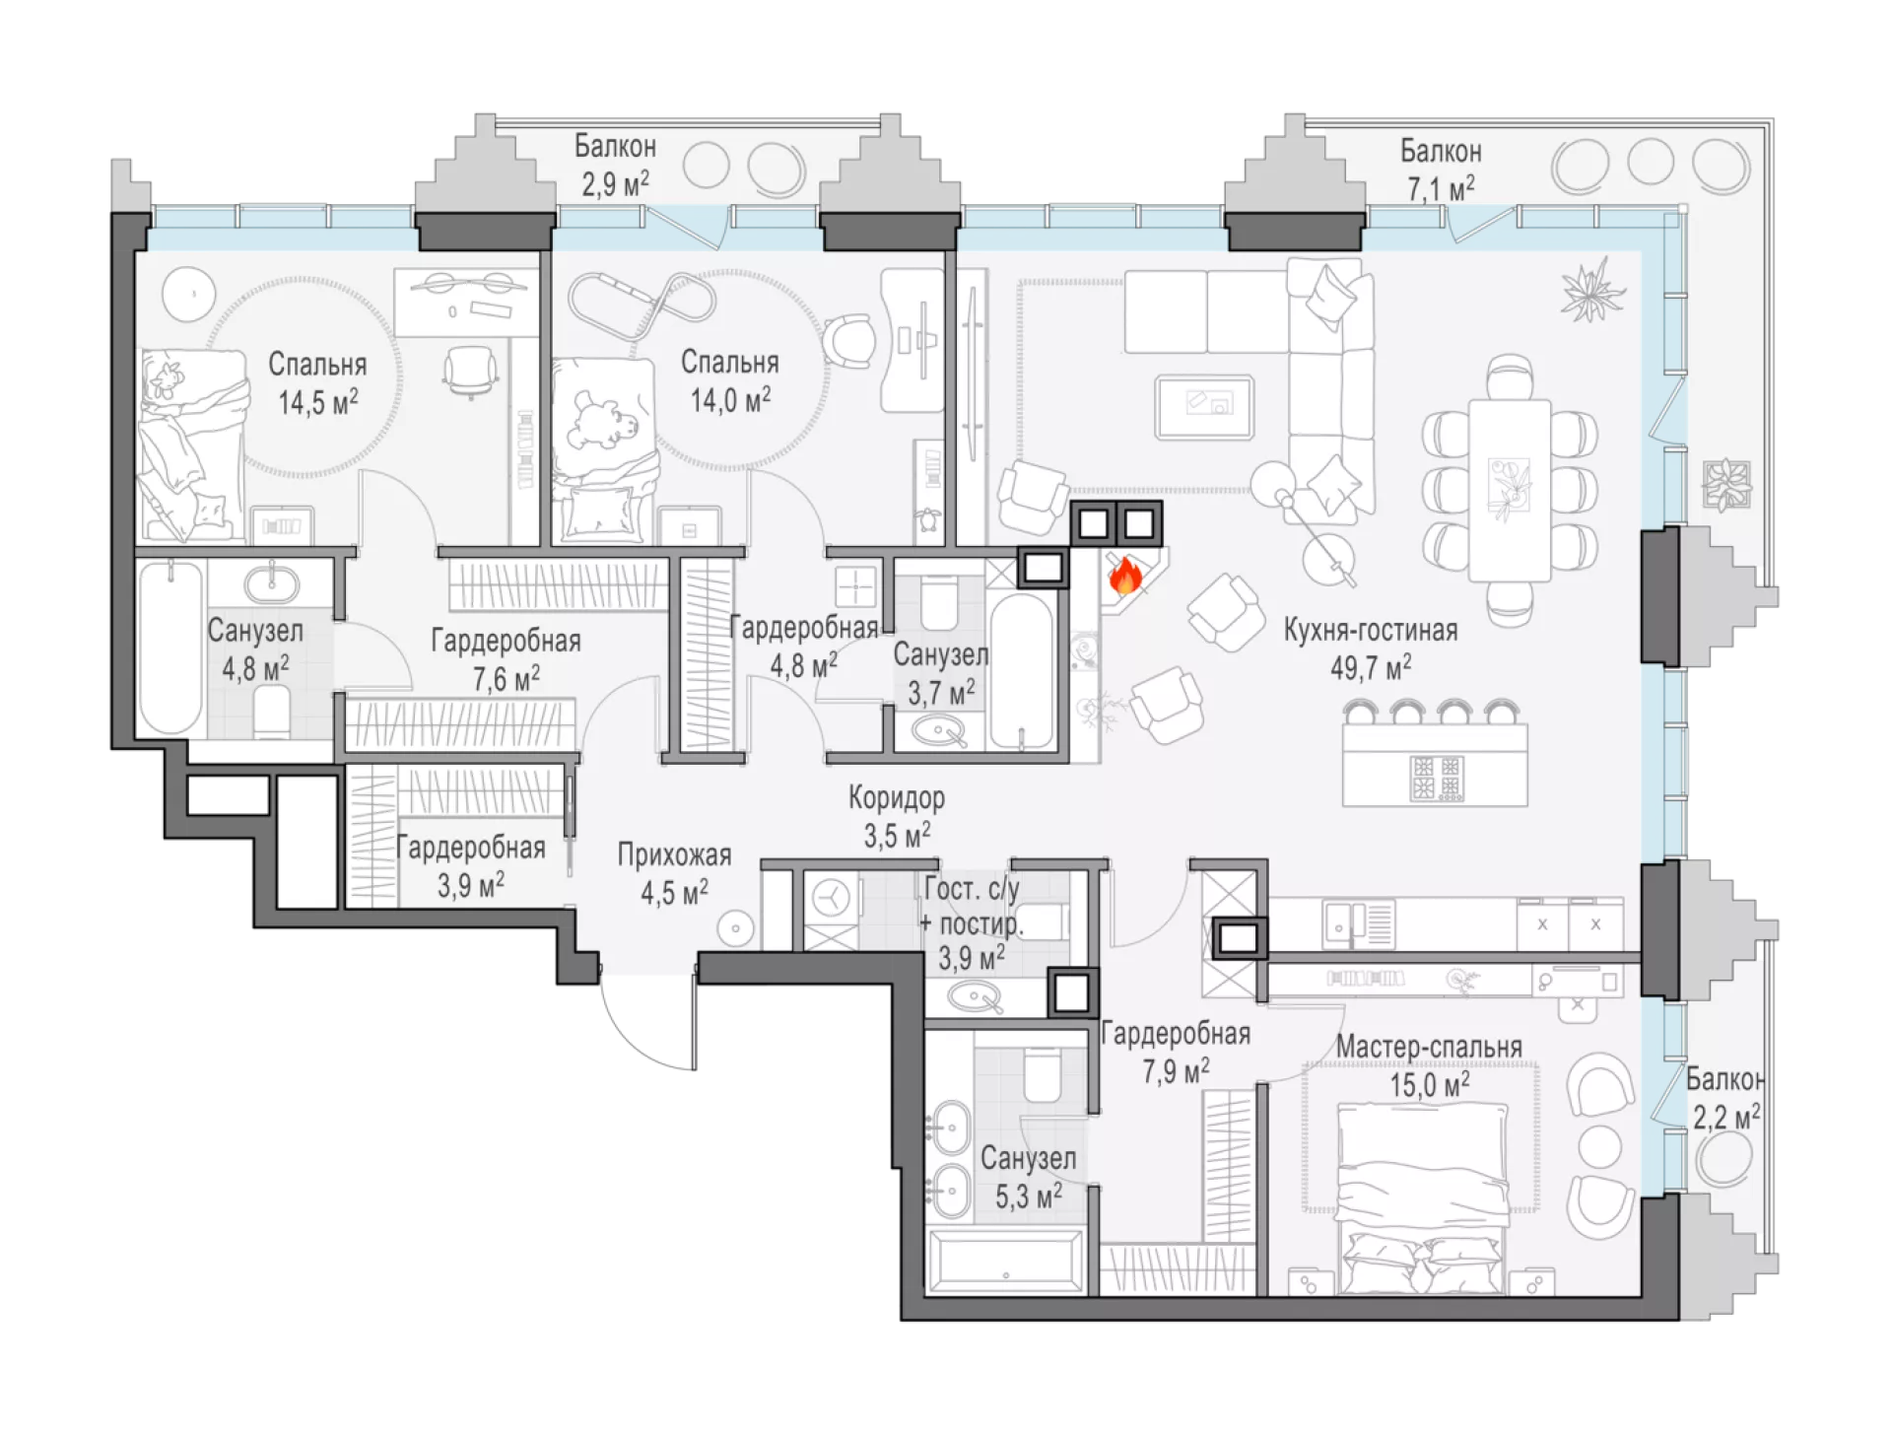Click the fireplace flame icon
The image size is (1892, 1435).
1125,575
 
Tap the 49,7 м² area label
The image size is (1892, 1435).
1370,668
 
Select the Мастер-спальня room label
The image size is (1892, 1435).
1429,1047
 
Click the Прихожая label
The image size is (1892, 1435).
674,854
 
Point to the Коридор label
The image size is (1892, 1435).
897,796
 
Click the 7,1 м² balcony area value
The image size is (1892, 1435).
1441,187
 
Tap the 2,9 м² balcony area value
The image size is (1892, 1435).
615,183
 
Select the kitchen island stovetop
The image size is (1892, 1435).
1436,778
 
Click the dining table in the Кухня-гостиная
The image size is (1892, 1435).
1509,490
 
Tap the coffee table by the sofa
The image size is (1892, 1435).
1204,406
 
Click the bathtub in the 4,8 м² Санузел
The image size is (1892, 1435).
170,648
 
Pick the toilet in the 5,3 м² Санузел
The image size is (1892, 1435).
1041,1076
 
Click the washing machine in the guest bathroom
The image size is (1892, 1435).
831,899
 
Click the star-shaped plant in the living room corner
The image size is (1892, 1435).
1592,289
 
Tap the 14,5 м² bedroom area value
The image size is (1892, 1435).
317,402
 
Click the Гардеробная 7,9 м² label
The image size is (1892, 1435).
1176,1052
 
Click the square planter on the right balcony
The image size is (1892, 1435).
1726,485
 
